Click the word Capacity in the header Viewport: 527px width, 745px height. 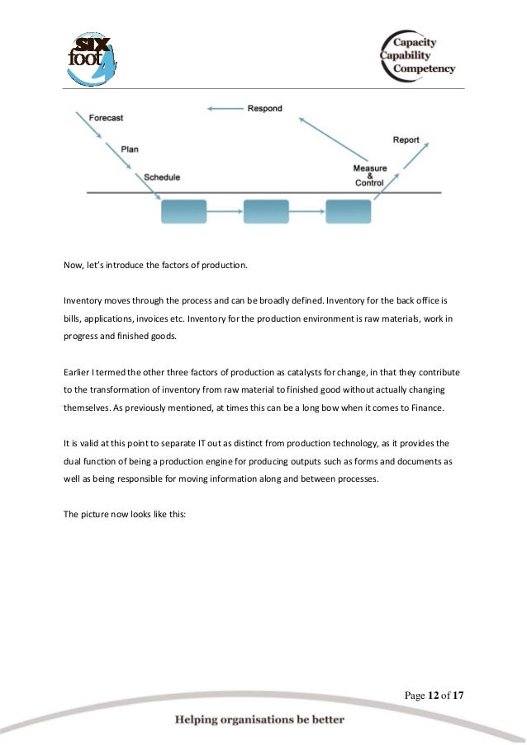[415, 42]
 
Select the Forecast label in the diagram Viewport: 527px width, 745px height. [106, 118]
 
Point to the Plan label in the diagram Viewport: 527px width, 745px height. [130, 149]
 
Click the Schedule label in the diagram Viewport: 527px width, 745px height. [162, 177]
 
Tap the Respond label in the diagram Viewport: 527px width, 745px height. [264, 108]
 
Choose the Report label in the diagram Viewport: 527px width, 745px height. [406, 140]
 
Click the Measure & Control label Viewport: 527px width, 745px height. [369, 175]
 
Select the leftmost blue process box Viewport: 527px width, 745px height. [183, 211]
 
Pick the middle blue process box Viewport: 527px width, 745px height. [266, 211]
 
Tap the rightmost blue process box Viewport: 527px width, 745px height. [348, 211]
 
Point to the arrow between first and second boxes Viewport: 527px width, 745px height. [224, 212]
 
